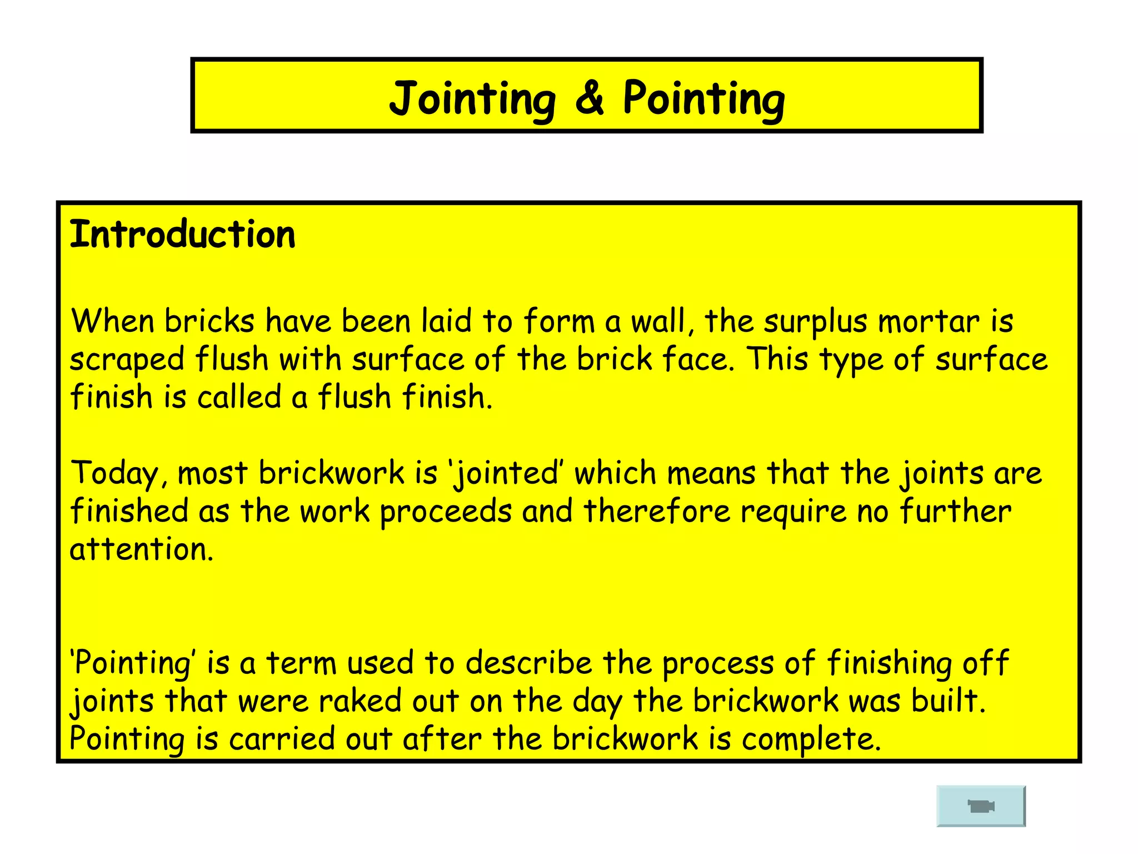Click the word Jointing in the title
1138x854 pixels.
pos(472,99)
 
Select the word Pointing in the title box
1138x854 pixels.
pos(703,99)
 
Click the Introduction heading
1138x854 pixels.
pos(182,235)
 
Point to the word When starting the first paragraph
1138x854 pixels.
pos(112,321)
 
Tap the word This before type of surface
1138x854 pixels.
pos(777,359)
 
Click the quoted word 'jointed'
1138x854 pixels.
pos(506,474)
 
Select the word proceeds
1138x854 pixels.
pos(446,512)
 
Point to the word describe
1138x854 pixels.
pos(529,663)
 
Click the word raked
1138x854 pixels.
pos(360,701)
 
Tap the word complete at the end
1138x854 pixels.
pos(810,739)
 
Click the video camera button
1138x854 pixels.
pos(981,806)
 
